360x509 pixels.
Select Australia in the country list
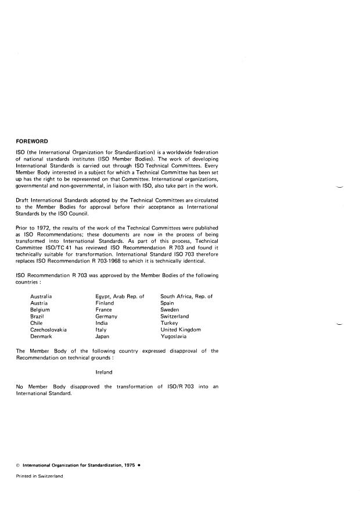tap(43, 296)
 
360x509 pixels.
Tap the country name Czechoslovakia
tap(48, 329)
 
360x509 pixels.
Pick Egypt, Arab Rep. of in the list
tap(119, 296)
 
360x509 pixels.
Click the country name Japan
tap(103, 336)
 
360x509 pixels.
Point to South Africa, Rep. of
tap(186, 296)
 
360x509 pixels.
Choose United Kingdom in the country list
tap(181, 329)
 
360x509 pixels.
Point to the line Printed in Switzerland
tap(40, 476)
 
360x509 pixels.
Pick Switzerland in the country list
tap(175, 316)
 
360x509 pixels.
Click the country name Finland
tap(105, 303)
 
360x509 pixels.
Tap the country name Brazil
tap(38, 316)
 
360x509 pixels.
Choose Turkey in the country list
tap(170, 323)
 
